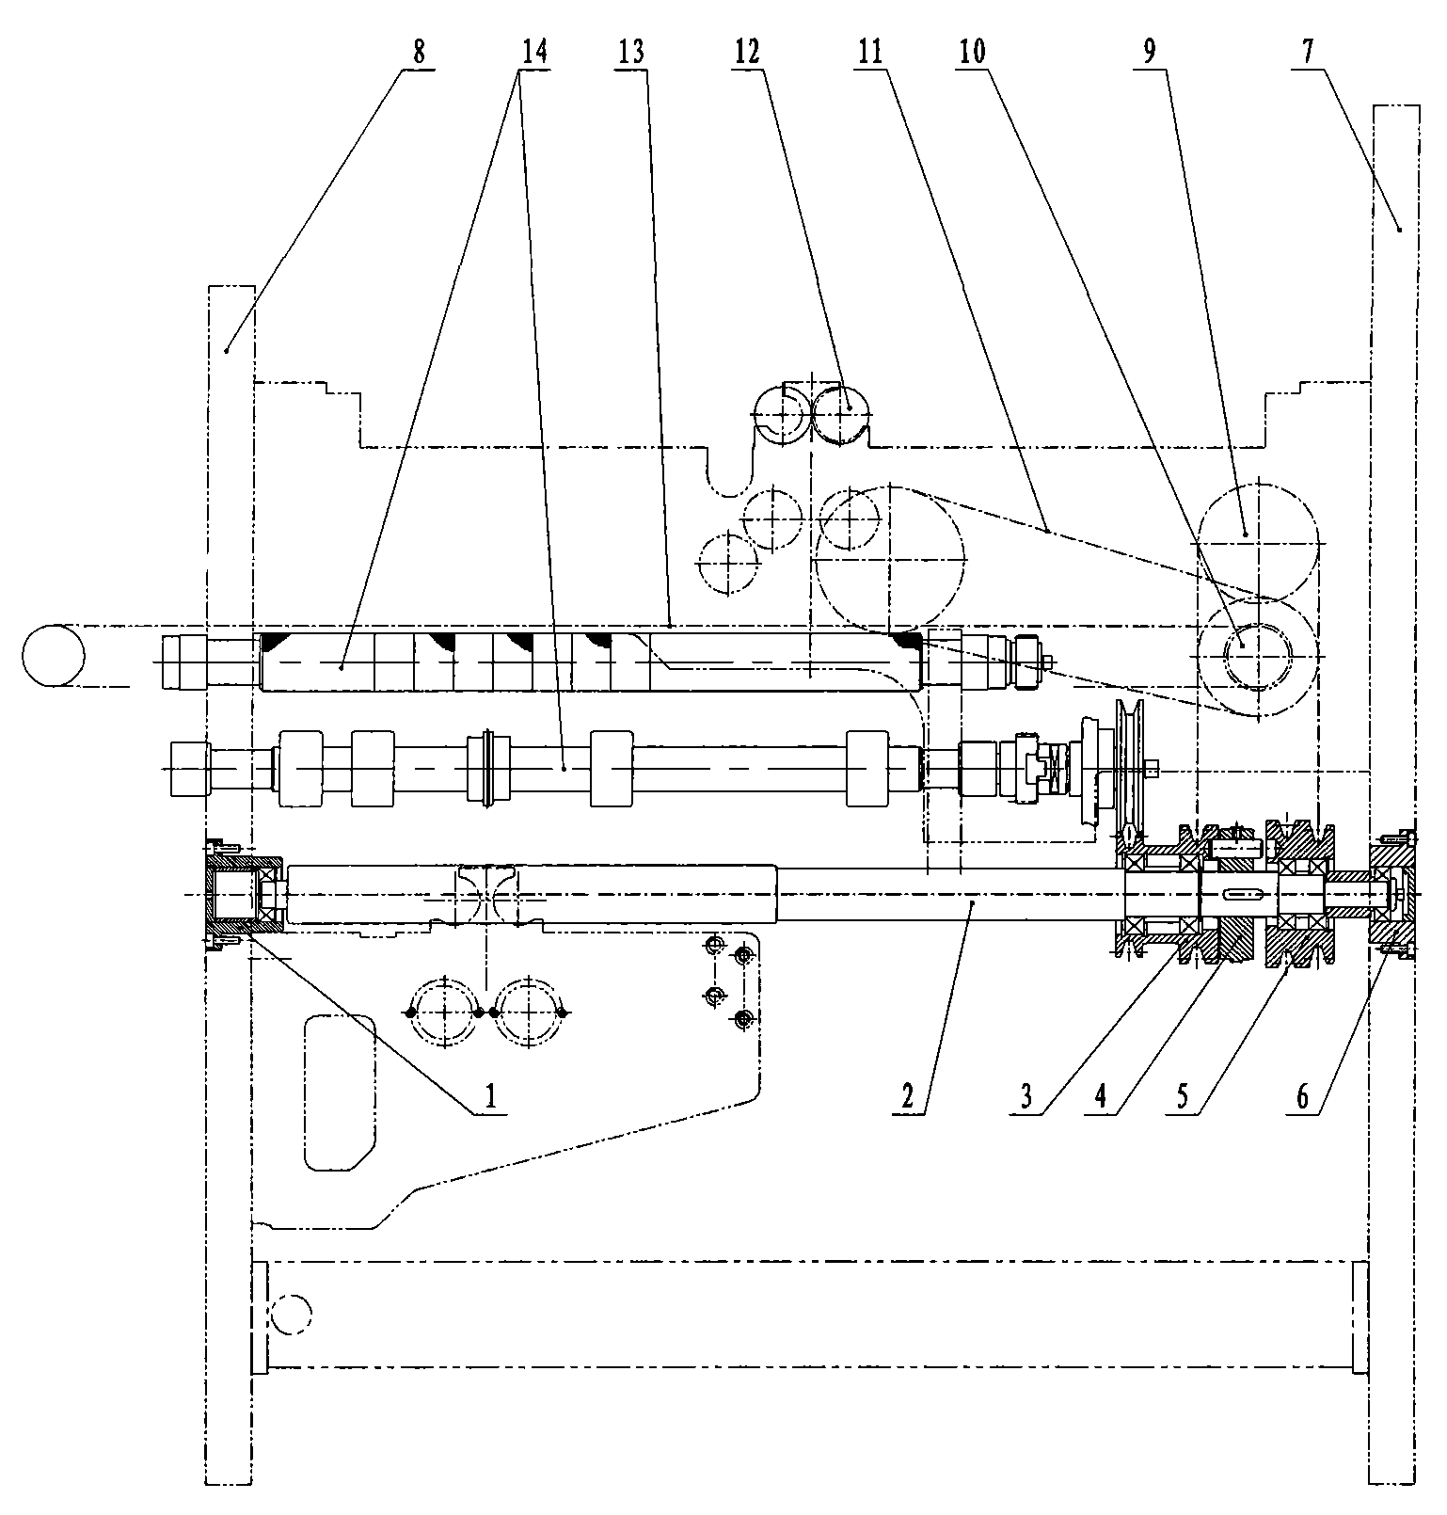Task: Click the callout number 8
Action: [419, 52]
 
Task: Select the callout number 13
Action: [632, 52]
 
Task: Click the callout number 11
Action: [870, 52]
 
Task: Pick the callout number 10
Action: [972, 52]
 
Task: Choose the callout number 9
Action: [1150, 52]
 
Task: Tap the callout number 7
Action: [1308, 52]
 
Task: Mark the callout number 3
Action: [1026, 1094]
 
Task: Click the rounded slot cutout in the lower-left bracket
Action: [340, 1092]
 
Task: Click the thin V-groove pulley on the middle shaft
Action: [1129, 770]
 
